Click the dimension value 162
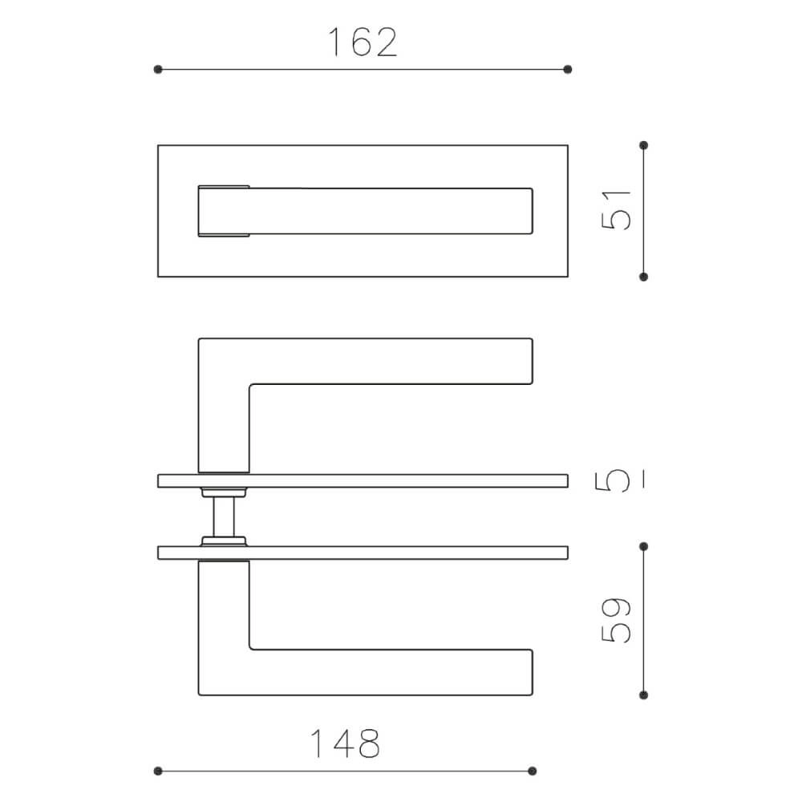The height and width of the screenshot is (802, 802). (x=363, y=43)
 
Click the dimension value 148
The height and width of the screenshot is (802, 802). (x=345, y=744)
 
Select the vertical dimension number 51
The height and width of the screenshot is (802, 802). (x=618, y=211)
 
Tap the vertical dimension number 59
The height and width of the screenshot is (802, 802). (x=618, y=620)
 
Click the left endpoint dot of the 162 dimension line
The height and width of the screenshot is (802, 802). (x=158, y=70)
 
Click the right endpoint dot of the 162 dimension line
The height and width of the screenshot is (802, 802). (x=568, y=70)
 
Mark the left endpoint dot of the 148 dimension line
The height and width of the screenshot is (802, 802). (x=158, y=771)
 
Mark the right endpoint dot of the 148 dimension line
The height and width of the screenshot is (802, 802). (x=533, y=771)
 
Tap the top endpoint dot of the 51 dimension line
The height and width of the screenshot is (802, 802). (x=643, y=145)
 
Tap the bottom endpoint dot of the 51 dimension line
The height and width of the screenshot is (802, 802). (x=643, y=277)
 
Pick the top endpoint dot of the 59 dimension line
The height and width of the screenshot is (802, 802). (x=643, y=546)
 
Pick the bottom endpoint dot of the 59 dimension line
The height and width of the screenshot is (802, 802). (x=643, y=695)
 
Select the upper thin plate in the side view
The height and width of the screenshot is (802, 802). (x=363, y=480)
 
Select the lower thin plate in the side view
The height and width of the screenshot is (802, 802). (x=363, y=553)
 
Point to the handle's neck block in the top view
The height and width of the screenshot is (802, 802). (x=224, y=212)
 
